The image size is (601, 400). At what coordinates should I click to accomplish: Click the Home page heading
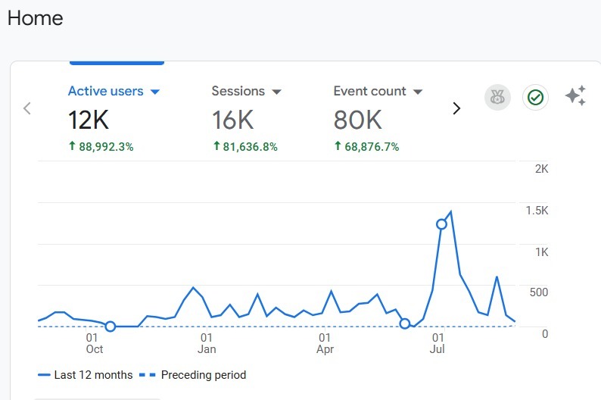(36, 18)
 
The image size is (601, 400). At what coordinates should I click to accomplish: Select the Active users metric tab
(105, 91)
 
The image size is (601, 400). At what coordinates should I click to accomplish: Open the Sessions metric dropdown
(276, 92)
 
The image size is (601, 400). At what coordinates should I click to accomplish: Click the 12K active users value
(89, 120)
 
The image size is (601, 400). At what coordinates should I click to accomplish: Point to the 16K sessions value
(232, 120)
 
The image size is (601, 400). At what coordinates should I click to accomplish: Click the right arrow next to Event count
(456, 108)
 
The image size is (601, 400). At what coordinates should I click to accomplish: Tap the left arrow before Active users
(27, 108)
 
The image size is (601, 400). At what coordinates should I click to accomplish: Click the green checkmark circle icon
(535, 97)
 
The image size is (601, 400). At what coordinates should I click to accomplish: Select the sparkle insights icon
(575, 96)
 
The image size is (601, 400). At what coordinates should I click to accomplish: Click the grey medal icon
(497, 97)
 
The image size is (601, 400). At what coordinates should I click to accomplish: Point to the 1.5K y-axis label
(537, 211)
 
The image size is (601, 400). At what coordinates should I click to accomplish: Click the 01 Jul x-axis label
(438, 342)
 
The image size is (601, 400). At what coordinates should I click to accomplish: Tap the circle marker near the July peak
(441, 223)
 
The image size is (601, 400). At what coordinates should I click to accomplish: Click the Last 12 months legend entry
(85, 375)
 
